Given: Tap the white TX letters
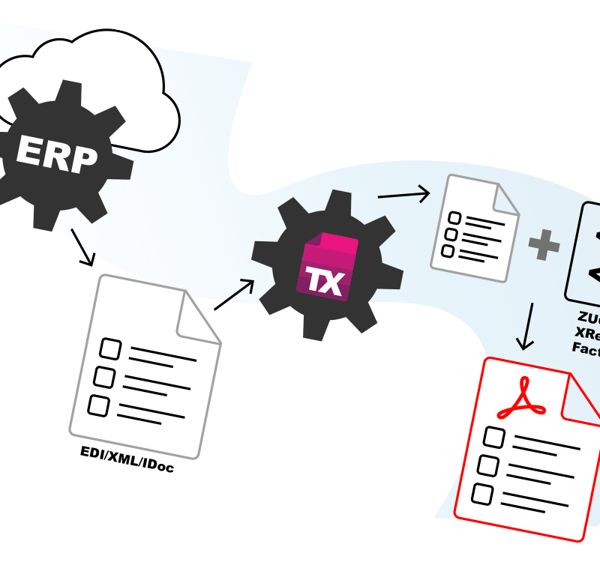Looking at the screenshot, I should [x=324, y=281].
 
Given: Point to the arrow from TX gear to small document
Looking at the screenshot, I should [x=403, y=195].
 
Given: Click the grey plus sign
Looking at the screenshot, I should [x=544, y=245].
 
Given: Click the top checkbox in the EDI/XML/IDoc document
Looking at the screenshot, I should [x=110, y=348].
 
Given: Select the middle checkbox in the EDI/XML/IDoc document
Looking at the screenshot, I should [x=104, y=377].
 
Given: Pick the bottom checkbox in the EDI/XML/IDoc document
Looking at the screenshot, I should [x=98, y=405].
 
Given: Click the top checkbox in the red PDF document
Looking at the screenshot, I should [x=493, y=436].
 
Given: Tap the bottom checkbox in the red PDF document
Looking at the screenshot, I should [x=482, y=494].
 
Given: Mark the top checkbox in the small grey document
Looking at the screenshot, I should [x=454, y=219].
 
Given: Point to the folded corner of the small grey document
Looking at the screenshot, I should [x=503, y=198].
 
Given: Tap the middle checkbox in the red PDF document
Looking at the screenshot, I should [x=488, y=465].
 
